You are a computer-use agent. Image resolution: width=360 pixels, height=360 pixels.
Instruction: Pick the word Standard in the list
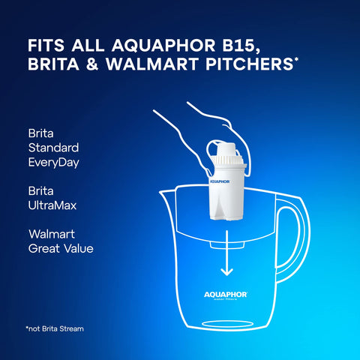pos(52,147)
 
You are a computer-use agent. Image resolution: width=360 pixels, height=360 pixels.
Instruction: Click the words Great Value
pos(60,248)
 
